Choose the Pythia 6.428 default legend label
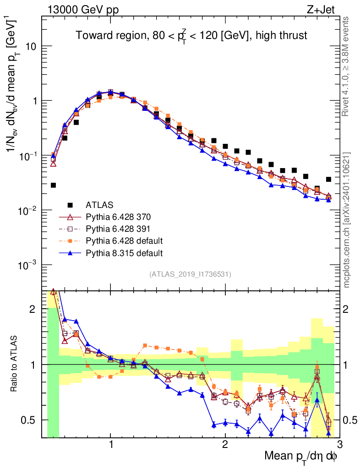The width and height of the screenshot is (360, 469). click(124, 240)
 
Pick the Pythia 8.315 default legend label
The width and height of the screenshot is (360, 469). click(124, 253)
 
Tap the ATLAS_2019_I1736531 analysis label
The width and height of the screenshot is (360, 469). click(190, 274)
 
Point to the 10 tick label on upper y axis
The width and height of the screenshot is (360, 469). click(30, 46)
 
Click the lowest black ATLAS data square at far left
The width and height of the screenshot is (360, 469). click(53, 185)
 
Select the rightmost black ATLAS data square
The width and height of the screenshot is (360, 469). click(328, 179)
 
